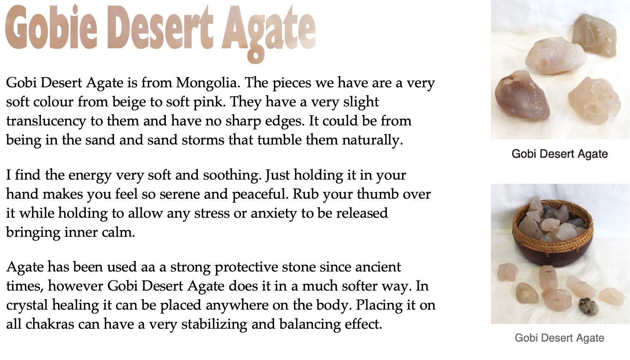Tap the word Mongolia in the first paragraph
point(208,83)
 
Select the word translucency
point(46,121)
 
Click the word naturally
point(373,140)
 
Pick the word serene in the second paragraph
point(180,194)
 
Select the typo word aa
point(148,267)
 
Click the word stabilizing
point(214,325)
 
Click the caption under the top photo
point(560,154)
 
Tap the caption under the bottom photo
point(559,338)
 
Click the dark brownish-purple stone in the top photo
point(522,96)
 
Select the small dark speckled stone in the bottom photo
point(588,306)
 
